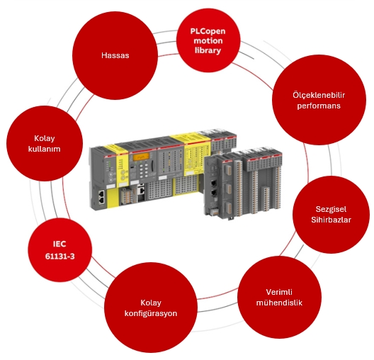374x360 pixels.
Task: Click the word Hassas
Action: tap(115, 55)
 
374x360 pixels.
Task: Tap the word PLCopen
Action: tap(208, 31)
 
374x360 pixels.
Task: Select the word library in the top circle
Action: tap(208, 50)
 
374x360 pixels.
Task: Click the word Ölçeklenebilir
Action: tap(319, 95)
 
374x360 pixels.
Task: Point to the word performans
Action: tap(319, 106)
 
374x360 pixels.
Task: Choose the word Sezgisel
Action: tap(331, 209)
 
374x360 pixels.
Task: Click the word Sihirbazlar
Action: tap(331, 220)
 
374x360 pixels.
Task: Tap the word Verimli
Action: tap(279, 292)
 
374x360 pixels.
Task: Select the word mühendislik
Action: tap(279, 303)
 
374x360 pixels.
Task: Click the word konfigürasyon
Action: tap(151, 313)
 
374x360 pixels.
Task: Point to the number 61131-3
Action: tap(60, 257)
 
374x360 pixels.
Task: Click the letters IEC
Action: tap(59, 244)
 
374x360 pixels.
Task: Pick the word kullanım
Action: tap(45, 149)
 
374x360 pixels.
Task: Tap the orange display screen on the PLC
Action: tap(141, 157)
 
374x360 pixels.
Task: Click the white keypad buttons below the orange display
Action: tap(143, 171)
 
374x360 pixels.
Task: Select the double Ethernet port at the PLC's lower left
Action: tap(102, 197)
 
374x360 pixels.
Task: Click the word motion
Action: tap(208, 41)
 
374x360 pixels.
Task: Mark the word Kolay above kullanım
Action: tap(45, 138)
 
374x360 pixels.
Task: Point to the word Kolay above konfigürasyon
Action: tap(151, 303)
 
